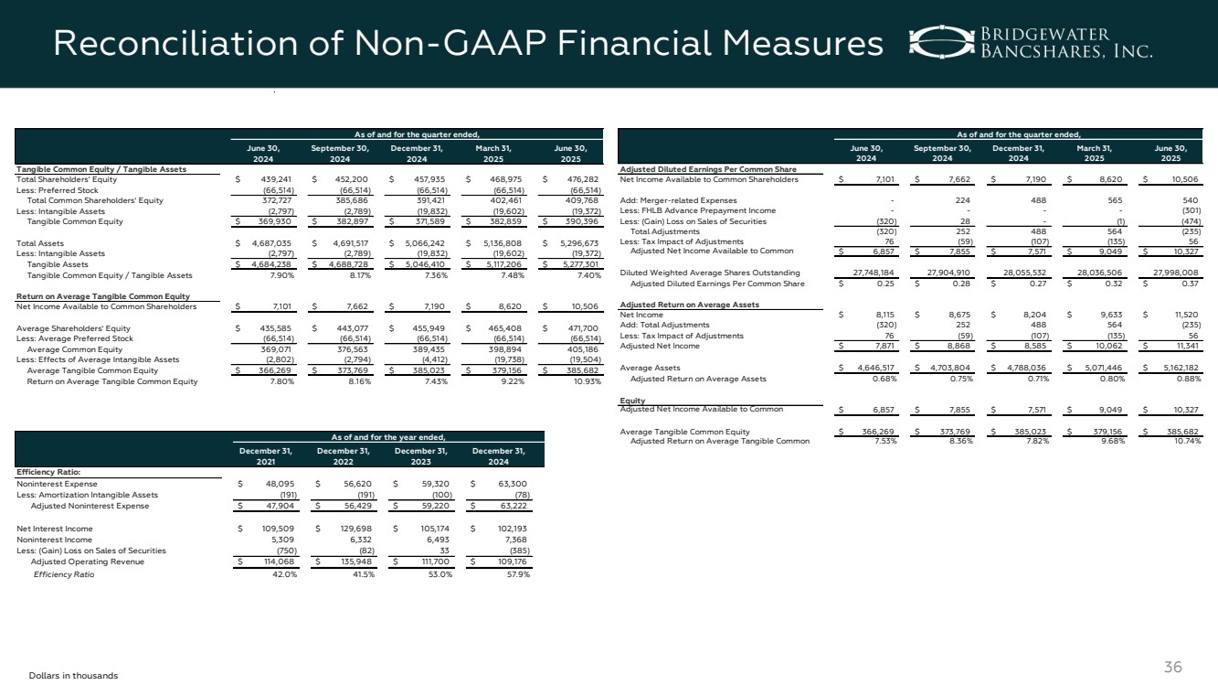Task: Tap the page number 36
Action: coord(1173,668)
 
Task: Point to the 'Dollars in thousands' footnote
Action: coord(74,675)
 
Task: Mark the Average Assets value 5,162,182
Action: coord(1182,368)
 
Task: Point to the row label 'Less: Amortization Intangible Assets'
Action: coord(88,494)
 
